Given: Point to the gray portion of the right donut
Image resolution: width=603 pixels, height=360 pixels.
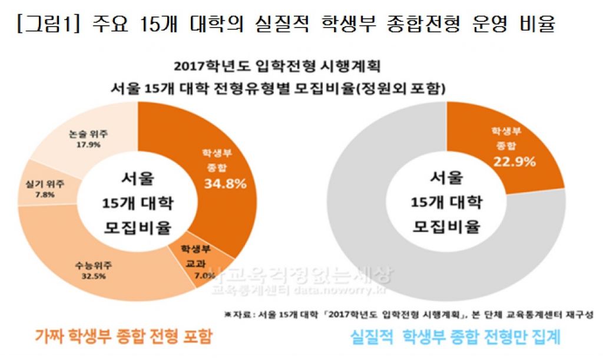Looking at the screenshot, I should [377, 236].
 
